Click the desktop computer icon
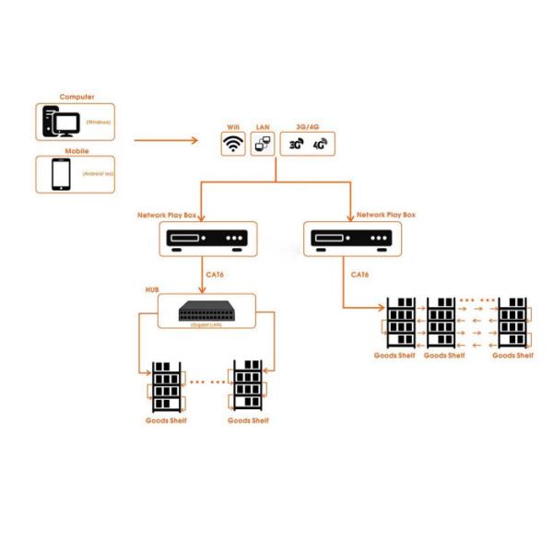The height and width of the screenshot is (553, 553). [x=62, y=122]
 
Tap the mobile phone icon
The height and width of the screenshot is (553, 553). [x=62, y=174]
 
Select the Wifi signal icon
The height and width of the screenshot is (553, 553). [x=233, y=144]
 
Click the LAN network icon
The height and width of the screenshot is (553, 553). [x=262, y=144]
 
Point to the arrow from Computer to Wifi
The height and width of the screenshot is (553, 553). [x=166, y=141]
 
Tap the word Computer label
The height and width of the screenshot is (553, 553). [x=76, y=97]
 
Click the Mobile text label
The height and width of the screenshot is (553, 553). [x=76, y=150]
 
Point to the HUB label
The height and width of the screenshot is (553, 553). [x=152, y=289]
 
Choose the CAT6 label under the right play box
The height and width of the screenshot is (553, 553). [x=359, y=274]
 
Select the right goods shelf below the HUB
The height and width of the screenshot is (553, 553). [x=248, y=386]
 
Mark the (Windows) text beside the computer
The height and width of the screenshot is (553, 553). [x=99, y=122]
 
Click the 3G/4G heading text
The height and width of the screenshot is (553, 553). [x=307, y=125]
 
